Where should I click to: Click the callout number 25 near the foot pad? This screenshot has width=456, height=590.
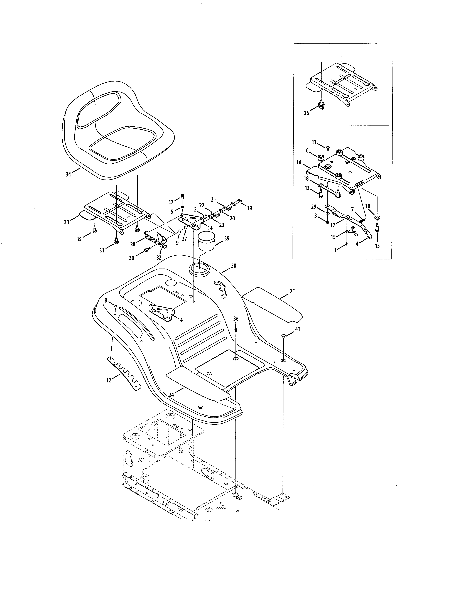[292, 291]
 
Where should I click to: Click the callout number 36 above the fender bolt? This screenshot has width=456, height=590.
[236, 319]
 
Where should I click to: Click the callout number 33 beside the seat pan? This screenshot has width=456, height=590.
[67, 222]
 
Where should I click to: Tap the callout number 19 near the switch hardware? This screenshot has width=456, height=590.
[249, 208]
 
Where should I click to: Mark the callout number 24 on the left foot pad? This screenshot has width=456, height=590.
[171, 395]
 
